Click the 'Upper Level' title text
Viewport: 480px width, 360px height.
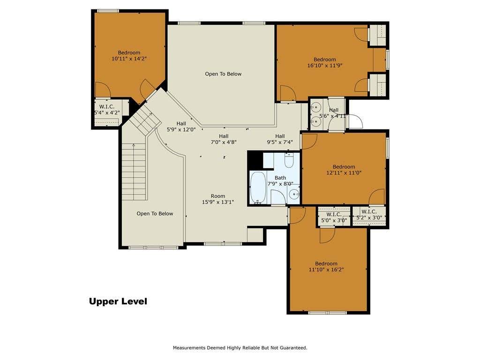[118, 301]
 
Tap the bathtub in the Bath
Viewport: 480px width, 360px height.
[258, 187]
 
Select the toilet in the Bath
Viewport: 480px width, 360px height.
[289, 160]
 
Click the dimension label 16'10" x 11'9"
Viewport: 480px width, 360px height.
[325, 65]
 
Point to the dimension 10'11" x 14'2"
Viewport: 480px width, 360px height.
[129, 59]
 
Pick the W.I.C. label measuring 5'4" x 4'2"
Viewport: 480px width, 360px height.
[107, 110]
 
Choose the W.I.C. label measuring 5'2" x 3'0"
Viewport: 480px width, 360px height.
[369, 215]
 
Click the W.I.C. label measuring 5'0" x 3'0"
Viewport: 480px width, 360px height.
[334, 217]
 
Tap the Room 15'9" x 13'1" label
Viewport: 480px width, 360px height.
[218, 199]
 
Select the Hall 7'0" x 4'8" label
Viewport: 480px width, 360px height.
[224, 139]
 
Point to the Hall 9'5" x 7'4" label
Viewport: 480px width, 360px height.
[280, 139]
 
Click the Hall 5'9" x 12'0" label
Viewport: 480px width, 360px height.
[181, 127]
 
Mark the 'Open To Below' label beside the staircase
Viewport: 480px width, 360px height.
[155, 214]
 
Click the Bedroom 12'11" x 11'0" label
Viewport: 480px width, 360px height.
[344, 170]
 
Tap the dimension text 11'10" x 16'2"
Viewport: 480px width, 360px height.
[326, 270]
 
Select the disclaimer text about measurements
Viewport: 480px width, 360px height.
[240, 348]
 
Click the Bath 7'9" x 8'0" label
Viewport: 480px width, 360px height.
[280, 180]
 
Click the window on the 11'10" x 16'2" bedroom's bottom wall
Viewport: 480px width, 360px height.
[327, 313]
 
